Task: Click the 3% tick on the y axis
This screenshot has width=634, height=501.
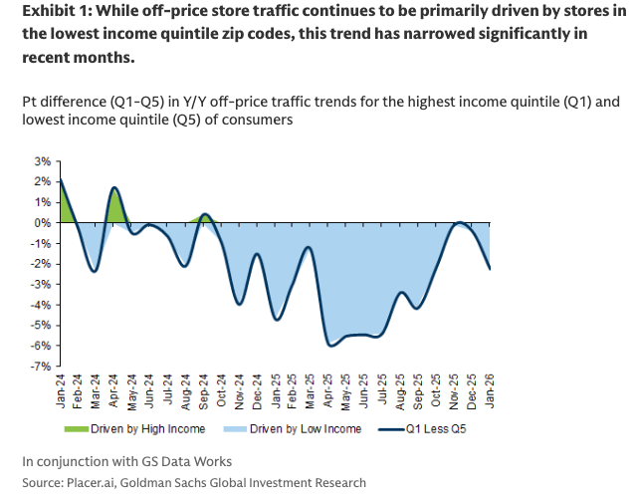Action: pos(43,160)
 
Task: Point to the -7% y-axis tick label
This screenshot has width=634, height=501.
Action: pos(41,367)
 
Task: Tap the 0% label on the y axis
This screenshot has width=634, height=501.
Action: pos(43,222)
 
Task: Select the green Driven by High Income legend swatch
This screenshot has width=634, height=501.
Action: pos(77,428)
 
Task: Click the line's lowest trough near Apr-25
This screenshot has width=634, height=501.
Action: pos(329,346)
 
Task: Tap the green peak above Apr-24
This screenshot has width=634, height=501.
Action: pos(115,187)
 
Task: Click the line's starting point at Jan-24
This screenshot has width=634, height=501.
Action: pos(61,179)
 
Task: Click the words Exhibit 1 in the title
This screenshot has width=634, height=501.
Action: pos(49,14)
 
